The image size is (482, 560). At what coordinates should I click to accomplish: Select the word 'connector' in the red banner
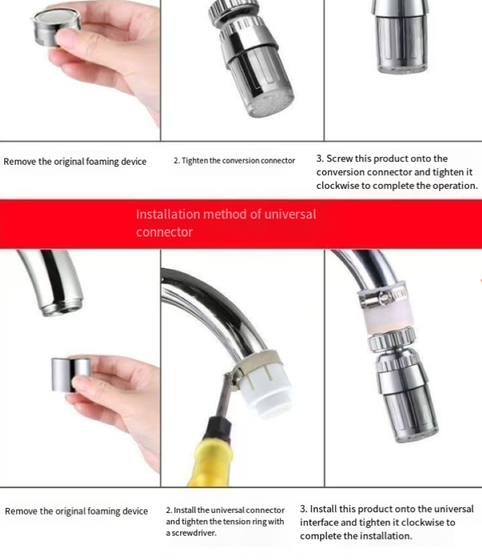(164, 232)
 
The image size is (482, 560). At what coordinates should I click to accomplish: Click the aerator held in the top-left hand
(55, 28)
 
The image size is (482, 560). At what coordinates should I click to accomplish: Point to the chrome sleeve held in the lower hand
(70, 374)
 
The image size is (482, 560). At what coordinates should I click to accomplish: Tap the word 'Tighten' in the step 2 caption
(195, 161)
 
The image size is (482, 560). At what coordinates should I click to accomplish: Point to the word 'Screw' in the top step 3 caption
(339, 159)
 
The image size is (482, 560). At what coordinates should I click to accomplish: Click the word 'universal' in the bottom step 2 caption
(230, 510)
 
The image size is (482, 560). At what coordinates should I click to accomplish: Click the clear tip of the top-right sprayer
(402, 69)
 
